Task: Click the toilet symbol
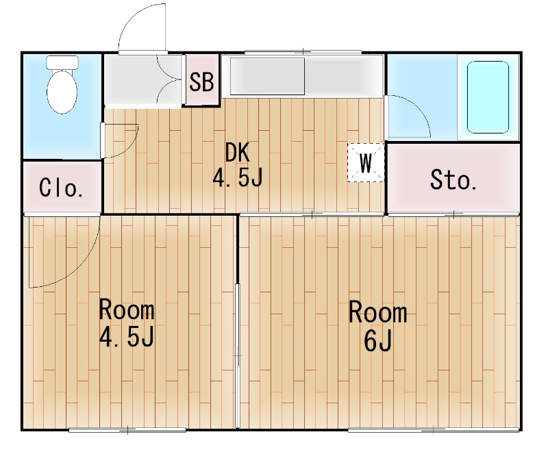tap(62, 89)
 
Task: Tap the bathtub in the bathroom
tap(488, 97)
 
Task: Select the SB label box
tap(202, 83)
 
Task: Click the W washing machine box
tap(366, 163)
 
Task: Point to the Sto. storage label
tap(453, 180)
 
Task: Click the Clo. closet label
tap(61, 188)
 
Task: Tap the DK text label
tap(237, 153)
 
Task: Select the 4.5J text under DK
tap(237, 178)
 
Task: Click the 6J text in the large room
tap(377, 340)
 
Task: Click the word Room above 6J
tap(377, 313)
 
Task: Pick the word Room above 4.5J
tap(127, 310)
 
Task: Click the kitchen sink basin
tap(267, 76)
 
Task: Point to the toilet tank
tap(62, 62)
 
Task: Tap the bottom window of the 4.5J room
tap(127, 430)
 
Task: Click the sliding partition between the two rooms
tap(238, 356)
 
